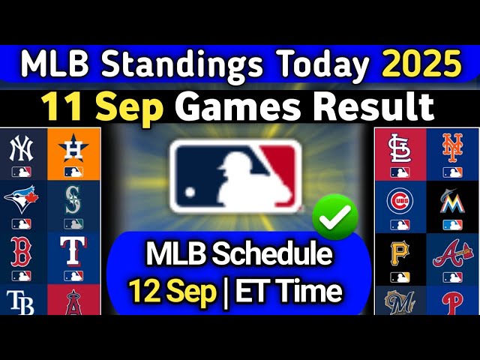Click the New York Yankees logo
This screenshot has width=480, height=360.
tap(22, 149)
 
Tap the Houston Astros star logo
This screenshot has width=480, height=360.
tap(73, 149)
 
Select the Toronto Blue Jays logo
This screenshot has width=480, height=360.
tap(22, 199)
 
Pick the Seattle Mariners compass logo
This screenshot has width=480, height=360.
tap(73, 198)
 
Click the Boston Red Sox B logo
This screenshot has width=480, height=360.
tap(22, 251)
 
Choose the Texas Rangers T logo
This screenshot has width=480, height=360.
tap(73, 251)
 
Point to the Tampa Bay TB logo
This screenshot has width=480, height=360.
tap(22, 301)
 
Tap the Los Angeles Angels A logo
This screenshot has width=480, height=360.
tap(73, 301)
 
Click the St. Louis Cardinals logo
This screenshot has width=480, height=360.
tap(400, 149)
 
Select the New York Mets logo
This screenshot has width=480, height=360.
tap(452, 148)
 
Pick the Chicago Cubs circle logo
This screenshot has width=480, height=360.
tap(400, 200)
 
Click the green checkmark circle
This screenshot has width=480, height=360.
tap(335, 217)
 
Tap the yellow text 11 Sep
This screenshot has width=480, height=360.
tap(103, 106)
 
